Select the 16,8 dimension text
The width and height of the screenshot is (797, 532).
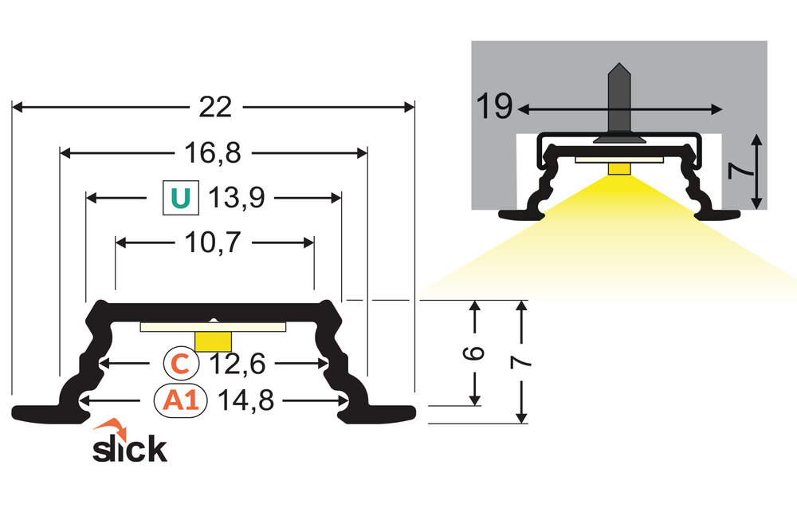214,152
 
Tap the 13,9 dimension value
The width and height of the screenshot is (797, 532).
237,197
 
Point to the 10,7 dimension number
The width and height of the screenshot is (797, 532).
214,242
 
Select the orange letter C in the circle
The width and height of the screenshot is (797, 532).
181,363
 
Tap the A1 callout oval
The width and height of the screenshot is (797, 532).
180,400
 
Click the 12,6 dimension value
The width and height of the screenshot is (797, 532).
236,363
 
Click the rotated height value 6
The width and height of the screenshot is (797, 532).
475,353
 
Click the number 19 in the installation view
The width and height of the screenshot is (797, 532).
494,107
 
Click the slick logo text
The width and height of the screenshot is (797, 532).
130,449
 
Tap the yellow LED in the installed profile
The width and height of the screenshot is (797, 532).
618,167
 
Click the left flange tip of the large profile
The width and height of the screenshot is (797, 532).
19,412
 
